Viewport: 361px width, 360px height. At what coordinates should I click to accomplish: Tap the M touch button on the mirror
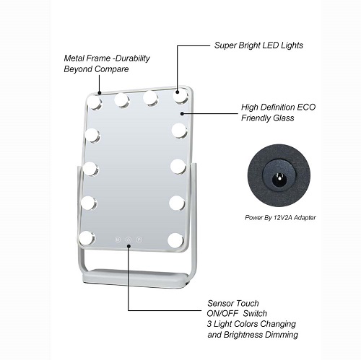point(118,240)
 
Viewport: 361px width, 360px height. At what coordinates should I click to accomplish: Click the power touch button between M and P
point(129,240)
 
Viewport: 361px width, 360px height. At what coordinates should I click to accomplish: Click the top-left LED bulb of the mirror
point(93,102)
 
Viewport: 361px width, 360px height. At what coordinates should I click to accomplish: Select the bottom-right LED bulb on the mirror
point(176,240)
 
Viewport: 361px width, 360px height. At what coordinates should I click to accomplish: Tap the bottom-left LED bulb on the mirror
point(87,238)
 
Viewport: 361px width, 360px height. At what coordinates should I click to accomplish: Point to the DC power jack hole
point(279,179)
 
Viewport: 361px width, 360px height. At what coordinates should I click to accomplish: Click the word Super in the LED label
point(225,45)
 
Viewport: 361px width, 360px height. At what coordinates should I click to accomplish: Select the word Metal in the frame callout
point(74,58)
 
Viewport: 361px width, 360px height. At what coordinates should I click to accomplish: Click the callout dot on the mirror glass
point(182,113)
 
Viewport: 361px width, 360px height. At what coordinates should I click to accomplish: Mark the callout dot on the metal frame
point(100,92)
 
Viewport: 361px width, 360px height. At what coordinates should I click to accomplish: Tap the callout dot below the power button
point(129,246)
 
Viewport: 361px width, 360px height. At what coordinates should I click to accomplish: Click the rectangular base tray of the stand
point(135,278)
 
